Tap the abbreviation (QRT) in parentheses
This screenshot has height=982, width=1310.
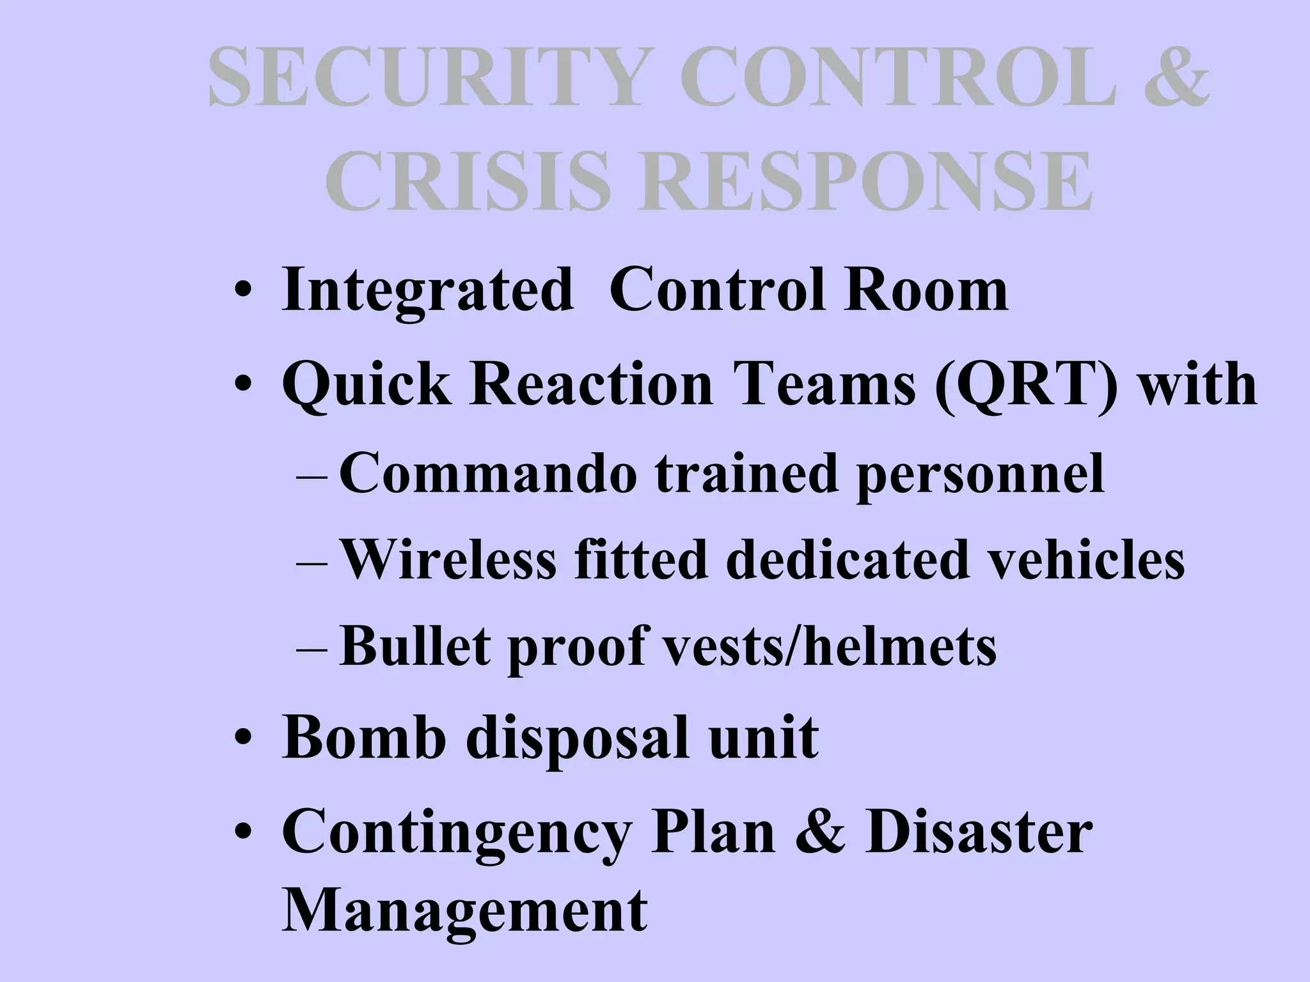(x=1026, y=386)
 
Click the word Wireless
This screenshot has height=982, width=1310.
(x=448, y=560)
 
